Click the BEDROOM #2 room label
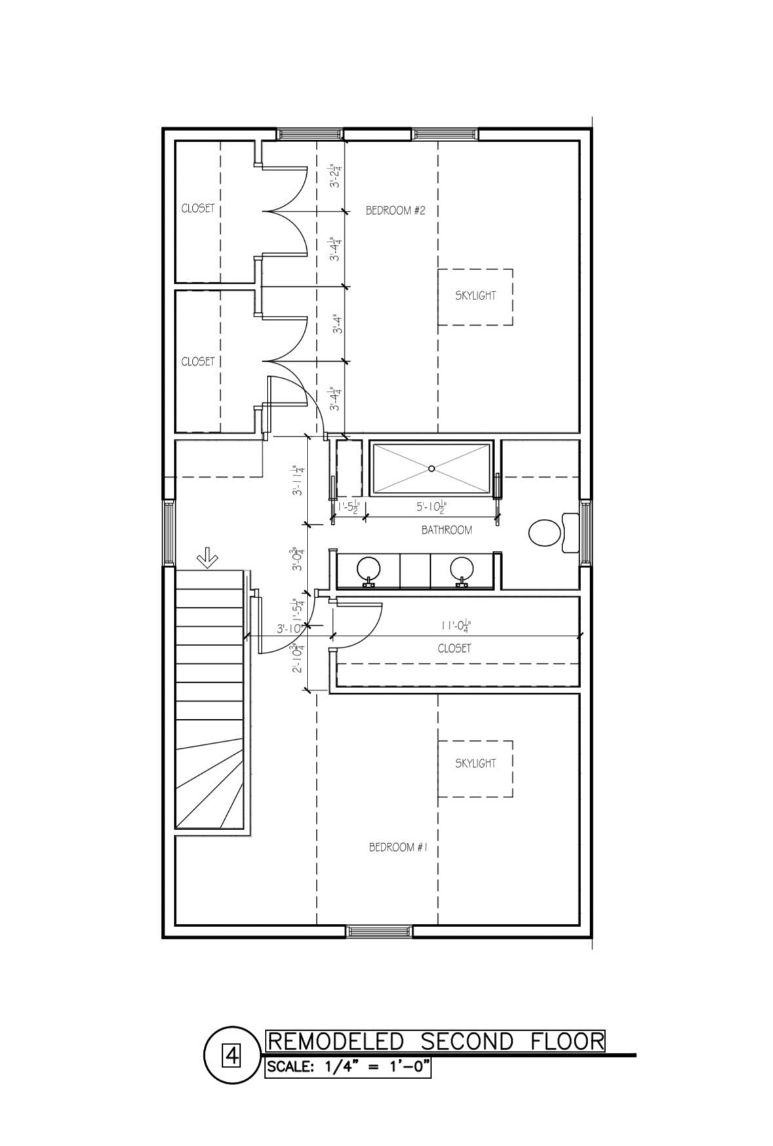point(395,210)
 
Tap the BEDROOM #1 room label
point(398,847)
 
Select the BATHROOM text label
point(446,530)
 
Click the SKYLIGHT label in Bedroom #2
point(475,296)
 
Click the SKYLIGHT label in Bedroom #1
point(475,763)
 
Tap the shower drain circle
point(431,468)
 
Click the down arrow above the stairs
point(208,558)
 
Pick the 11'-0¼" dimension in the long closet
point(456,626)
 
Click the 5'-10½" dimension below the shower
point(431,507)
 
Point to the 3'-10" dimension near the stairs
point(290,628)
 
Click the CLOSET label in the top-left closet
point(197,208)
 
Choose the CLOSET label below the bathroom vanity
point(454,649)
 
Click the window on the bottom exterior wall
point(380,931)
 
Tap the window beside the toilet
point(585,531)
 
